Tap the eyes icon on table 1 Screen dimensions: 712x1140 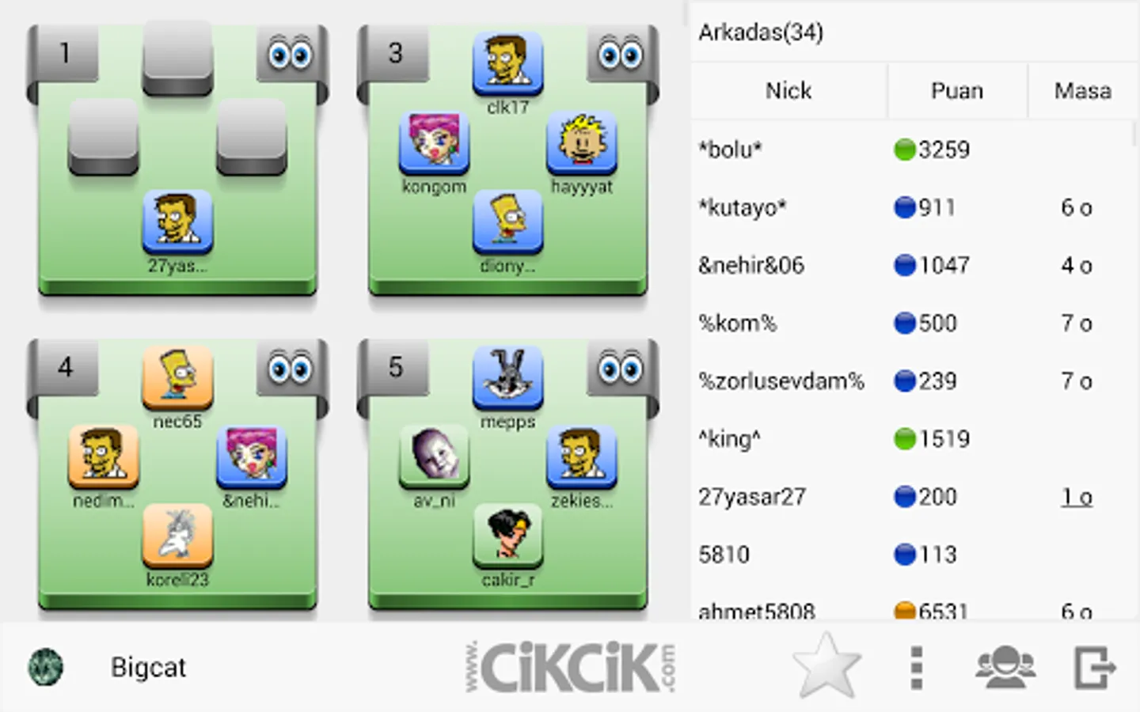[x=290, y=54]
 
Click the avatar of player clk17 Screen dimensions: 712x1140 [x=507, y=62]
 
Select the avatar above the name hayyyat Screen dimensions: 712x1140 [x=581, y=143]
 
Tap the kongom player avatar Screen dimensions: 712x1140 [x=434, y=142]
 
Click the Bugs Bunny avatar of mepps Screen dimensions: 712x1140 [x=507, y=377]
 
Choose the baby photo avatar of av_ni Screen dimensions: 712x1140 [x=434, y=455]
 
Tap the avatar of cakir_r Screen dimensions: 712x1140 [x=507, y=534]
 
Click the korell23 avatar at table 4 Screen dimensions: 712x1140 [x=177, y=534]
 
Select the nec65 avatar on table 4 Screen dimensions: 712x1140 [x=177, y=377]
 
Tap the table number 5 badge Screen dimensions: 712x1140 [x=396, y=367]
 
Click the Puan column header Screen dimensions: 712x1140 [x=956, y=91]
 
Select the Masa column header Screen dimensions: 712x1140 [x=1082, y=91]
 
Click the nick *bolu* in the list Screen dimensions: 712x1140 [x=730, y=150]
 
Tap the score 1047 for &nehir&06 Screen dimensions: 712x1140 [x=944, y=265]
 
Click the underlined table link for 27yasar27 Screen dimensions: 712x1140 [x=1077, y=497]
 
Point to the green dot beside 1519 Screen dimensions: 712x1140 [x=904, y=439]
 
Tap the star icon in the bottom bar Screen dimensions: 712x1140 [x=826, y=666]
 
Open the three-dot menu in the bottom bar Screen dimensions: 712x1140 [x=917, y=668]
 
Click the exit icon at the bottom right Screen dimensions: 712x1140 [x=1095, y=668]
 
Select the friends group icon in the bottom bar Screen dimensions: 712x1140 [x=1005, y=668]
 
